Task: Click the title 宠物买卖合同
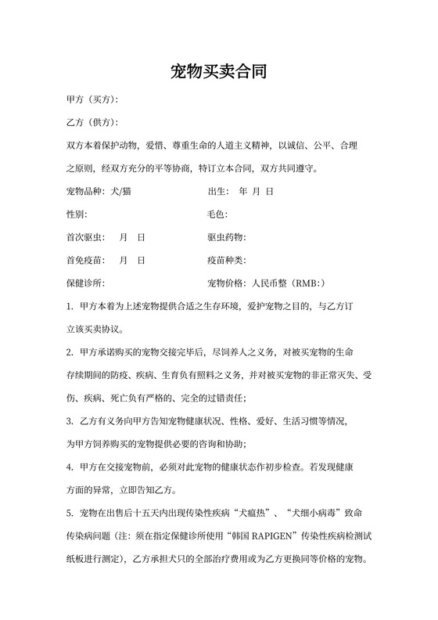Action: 218,73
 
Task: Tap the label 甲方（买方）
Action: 91,100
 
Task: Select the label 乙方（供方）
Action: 91,123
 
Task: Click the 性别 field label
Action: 76,214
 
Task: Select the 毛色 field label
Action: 216,214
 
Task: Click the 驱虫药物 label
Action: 225,236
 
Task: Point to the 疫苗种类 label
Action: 225,259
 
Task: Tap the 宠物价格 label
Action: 225,282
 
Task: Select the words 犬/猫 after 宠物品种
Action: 121,191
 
